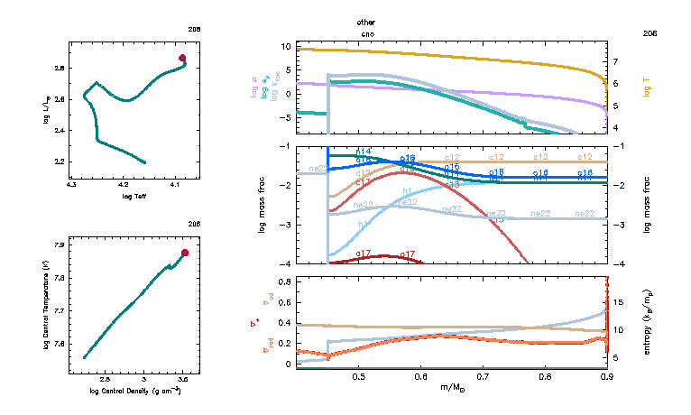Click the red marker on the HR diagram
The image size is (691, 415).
click(182, 58)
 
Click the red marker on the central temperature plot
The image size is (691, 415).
click(185, 253)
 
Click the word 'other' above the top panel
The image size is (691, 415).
click(365, 21)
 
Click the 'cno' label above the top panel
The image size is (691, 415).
click(366, 33)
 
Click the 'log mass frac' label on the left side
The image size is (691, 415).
click(255, 205)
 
